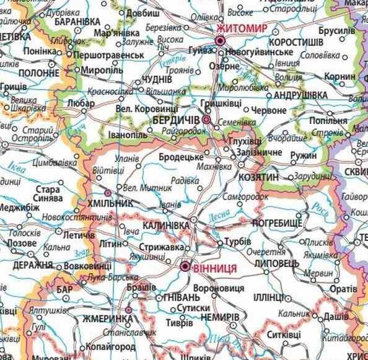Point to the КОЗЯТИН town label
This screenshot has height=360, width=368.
click(x=258, y=177)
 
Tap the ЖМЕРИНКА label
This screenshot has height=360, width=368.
click(x=107, y=318)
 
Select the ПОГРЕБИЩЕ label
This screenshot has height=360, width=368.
click(x=278, y=222)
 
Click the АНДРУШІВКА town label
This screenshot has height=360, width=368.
click(x=300, y=95)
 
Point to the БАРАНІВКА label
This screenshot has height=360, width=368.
click(x=77, y=21)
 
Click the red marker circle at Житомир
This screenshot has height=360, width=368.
click(x=219, y=41)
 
